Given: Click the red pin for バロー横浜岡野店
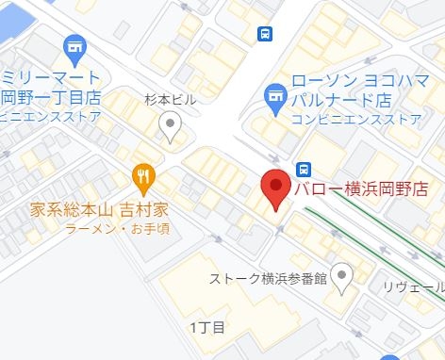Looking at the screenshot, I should click(275, 188).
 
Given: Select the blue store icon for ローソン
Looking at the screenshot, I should click(275, 94).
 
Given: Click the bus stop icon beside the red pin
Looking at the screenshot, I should click(304, 169).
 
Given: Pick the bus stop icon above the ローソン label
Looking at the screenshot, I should click(266, 33).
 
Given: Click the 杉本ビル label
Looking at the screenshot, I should click(170, 99).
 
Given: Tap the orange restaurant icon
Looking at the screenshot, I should click(143, 174).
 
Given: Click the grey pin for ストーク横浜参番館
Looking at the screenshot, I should click(342, 275).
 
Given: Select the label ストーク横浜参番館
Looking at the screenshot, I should click(268, 279).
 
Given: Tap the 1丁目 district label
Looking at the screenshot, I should click(206, 328).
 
